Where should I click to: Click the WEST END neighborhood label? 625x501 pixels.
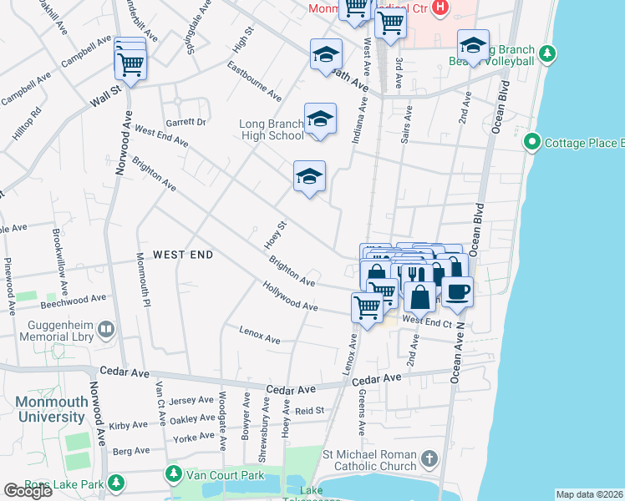(x=182, y=254)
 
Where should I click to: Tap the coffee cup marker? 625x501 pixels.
(x=456, y=292)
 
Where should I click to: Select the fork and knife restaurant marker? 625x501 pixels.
(x=412, y=275)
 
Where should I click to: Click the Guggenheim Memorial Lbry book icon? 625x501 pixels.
(x=105, y=331)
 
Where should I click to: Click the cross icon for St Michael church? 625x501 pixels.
(x=428, y=458)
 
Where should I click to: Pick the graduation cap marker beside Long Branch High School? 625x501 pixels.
(x=320, y=119)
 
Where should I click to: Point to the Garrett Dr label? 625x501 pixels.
(x=185, y=122)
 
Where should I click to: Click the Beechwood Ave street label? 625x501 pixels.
(x=80, y=297)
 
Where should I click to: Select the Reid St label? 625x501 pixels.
(x=309, y=411)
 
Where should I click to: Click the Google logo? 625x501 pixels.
(x=28, y=491)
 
